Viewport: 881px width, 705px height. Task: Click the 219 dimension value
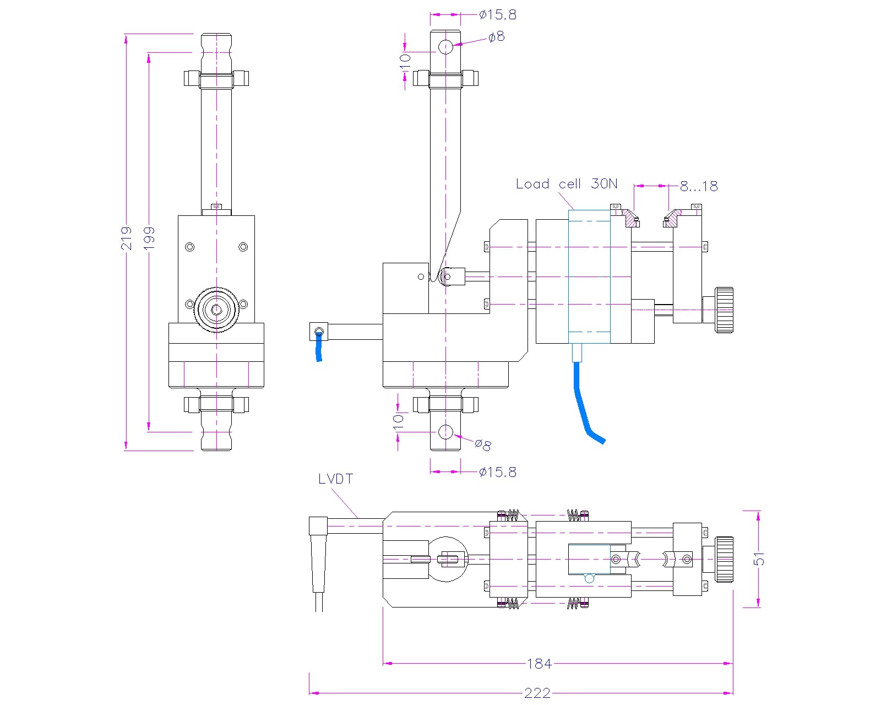point(127,238)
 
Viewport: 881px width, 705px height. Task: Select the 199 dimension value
point(149,238)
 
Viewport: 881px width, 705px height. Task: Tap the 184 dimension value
point(539,664)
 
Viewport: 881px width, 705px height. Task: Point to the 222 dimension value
point(537,693)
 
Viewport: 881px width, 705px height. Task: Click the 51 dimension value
point(759,558)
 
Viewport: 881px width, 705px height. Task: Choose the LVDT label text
point(335,479)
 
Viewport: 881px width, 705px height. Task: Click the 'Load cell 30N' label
point(566,184)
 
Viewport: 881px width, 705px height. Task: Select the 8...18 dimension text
point(699,186)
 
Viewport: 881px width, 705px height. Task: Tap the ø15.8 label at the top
point(498,15)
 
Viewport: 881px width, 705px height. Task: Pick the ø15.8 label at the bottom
point(498,472)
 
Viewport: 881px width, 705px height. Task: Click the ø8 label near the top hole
point(497,37)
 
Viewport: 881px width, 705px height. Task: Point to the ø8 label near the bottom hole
point(483,444)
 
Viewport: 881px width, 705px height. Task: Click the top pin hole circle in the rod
point(445,47)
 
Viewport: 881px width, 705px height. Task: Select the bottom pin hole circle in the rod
point(445,432)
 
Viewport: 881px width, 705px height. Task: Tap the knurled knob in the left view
point(216,310)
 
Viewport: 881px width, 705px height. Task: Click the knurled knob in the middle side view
point(724,310)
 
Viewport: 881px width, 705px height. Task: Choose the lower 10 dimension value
point(398,421)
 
